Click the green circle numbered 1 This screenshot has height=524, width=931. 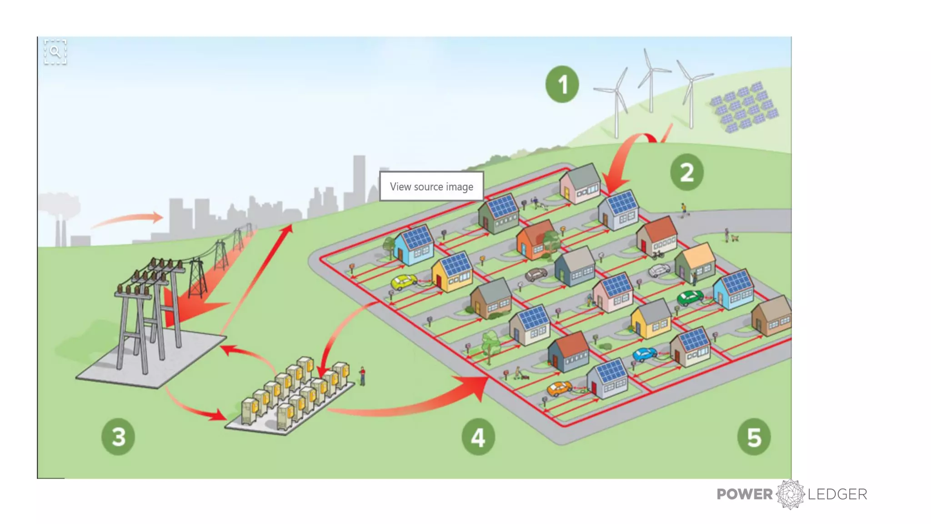tap(562, 84)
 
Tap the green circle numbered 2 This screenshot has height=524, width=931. tap(686, 172)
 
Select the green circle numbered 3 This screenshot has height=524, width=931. tap(118, 437)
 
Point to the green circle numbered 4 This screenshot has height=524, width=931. tap(478, 437)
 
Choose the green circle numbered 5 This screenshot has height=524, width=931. tap(754, 437)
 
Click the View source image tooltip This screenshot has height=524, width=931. tap(431, 186)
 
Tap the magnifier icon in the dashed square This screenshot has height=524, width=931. tap(55, 51)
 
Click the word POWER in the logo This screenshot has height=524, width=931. tap(745, 494)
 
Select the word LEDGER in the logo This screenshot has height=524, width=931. tap(837, 494)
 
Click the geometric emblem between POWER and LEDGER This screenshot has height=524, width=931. tap(791, 494)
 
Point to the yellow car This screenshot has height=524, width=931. tap(403, 282)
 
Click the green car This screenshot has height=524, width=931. tap(690, 298)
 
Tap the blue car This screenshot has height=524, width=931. tap(645, 353)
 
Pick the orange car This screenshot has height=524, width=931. tap(559, 388)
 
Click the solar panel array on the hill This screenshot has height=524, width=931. tap(745, 107)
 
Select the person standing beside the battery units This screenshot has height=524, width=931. tap(362, 376)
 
